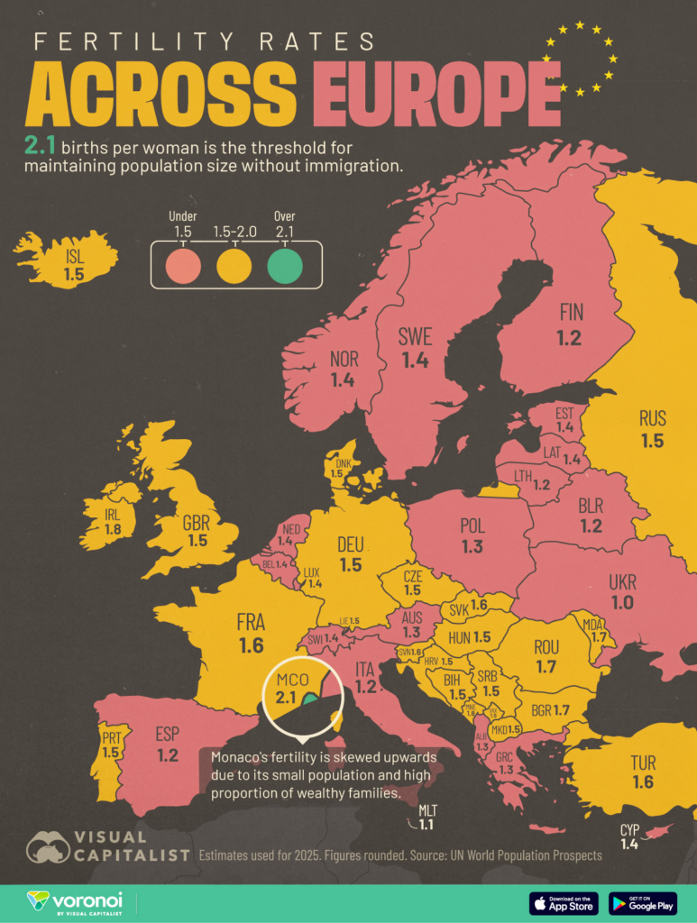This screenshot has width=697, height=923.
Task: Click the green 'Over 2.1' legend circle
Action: click(x=285, y=266)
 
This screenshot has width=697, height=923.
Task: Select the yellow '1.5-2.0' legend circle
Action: click(x=234, y=266)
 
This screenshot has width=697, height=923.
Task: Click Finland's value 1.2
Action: click(x=569, y=339)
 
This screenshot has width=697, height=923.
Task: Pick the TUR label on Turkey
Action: click(x=643, y=763)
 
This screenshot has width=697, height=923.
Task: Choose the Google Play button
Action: click(x=643, y=902)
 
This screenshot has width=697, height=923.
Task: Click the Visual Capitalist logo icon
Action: click(x=49, y=845)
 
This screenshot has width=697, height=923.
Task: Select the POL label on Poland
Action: click(x=472, y=525)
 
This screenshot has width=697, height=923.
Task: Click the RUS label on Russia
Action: click(x=652, y=418)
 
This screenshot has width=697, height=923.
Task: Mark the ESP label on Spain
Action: click(x=168, y=733)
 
